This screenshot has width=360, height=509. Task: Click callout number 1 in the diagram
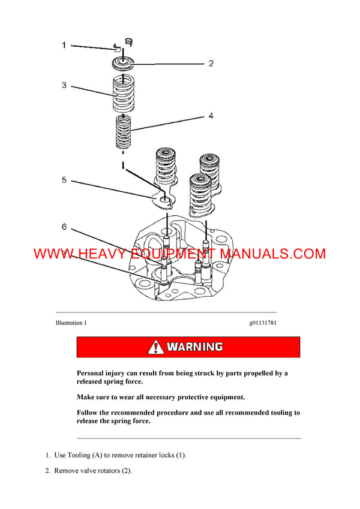click(65, 45)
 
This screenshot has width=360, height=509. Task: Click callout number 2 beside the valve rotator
click(211, 64)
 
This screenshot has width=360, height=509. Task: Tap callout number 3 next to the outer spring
click(64, 86)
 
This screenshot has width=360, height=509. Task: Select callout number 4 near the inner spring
click(211, 116)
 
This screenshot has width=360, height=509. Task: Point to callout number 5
click(64, 180)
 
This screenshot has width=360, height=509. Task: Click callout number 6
click(64, 227)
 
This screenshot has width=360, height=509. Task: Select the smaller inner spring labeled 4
click(124, 133)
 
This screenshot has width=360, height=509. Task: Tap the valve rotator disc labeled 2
click(124, 62)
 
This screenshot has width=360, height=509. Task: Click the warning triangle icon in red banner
click(156, 347)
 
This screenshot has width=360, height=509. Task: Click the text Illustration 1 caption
click(71, 323)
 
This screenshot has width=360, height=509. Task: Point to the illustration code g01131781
click(263, 323)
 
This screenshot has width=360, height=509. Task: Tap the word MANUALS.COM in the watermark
click(273, 254)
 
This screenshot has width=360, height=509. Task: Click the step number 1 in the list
click(47, 455)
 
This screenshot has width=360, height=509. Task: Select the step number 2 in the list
click(47, 471)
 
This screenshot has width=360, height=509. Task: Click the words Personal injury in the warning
click(101, 373)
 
